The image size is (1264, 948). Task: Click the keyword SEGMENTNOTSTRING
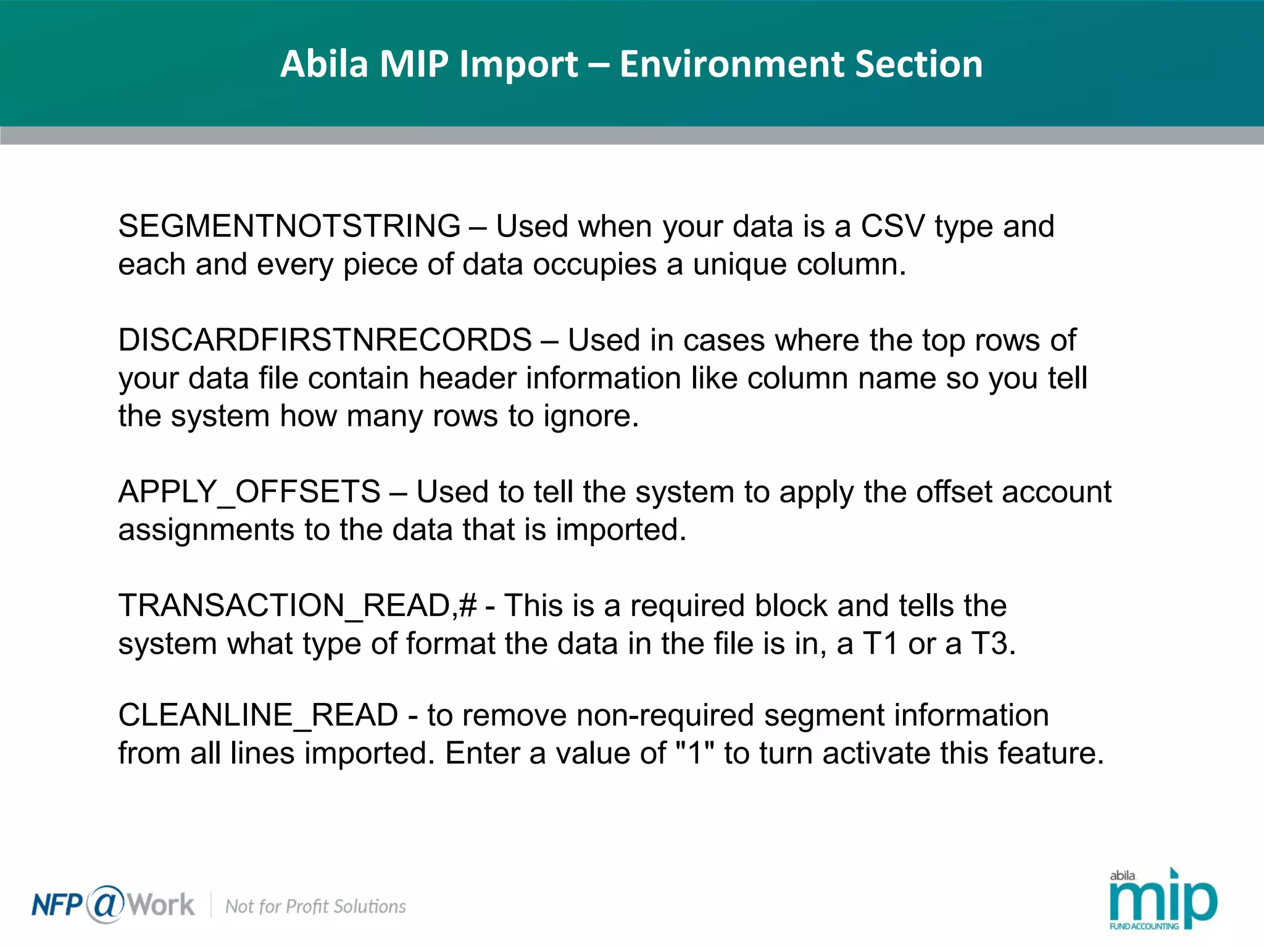coord(289,226)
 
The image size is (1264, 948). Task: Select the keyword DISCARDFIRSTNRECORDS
coord(325,340)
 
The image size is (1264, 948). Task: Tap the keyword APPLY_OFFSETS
coord(249,492)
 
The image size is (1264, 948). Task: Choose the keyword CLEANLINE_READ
coord(258,715)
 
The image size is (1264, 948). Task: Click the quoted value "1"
coord(695,753)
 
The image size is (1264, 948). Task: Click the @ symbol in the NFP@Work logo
coord(106,904)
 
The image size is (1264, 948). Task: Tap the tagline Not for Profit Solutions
coord(315,906)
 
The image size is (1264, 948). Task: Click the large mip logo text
coord(1163,902)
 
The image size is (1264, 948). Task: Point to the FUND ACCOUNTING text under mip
coord(1144,926)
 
